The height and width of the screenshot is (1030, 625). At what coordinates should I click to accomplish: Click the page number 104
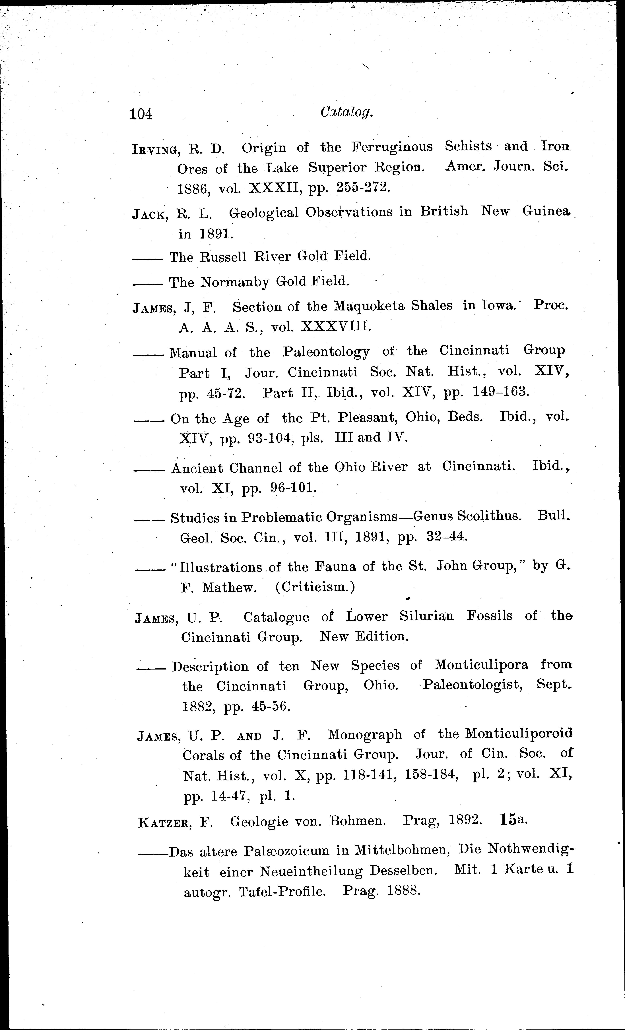[141, 114]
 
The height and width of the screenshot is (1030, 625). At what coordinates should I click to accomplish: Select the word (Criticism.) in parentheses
[315, 587]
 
